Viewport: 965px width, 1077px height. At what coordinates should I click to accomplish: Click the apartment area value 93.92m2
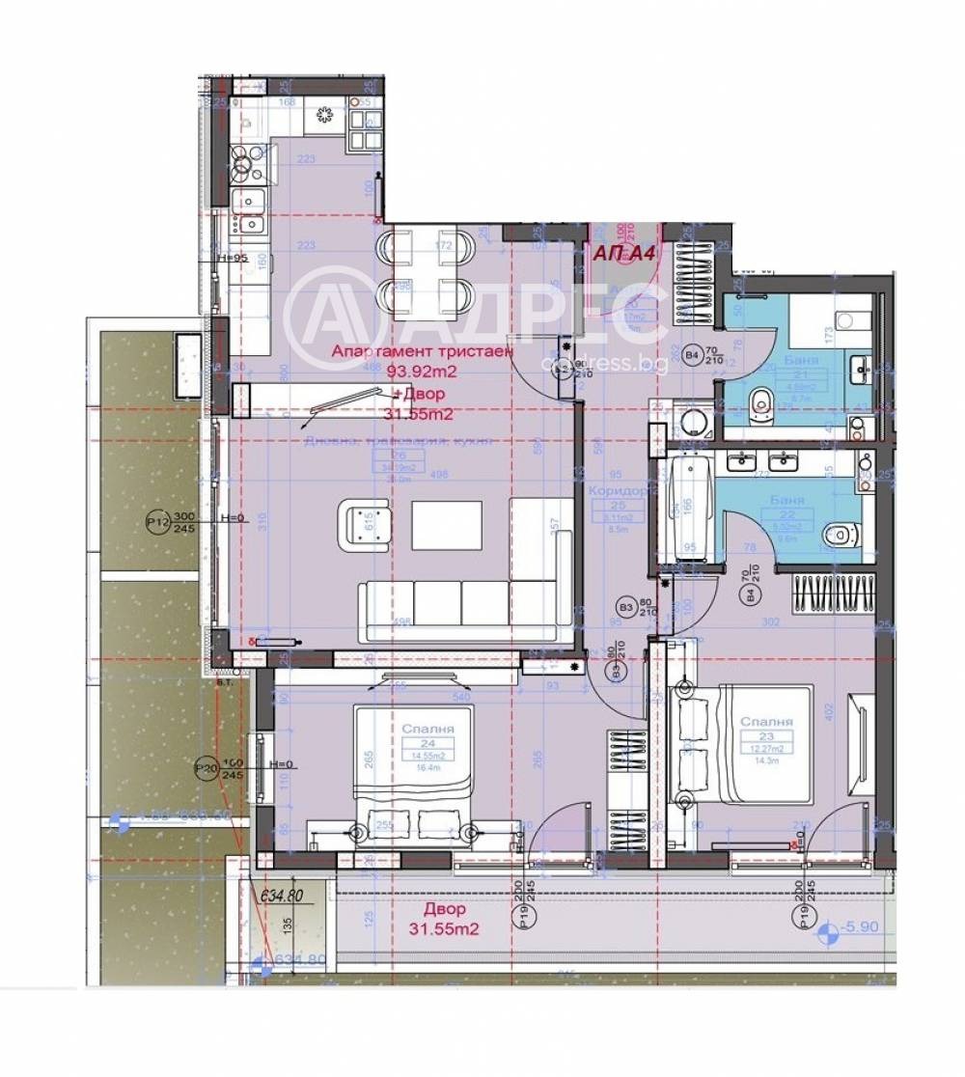coord(421,372)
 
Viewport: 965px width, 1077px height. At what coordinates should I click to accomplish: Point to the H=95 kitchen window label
coord(233,258)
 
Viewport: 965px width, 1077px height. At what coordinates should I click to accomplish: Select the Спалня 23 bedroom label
coord(767,722)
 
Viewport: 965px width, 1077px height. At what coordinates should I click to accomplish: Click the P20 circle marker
coord(206,768)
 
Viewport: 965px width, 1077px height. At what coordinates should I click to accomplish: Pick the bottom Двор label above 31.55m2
coord(445,909)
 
